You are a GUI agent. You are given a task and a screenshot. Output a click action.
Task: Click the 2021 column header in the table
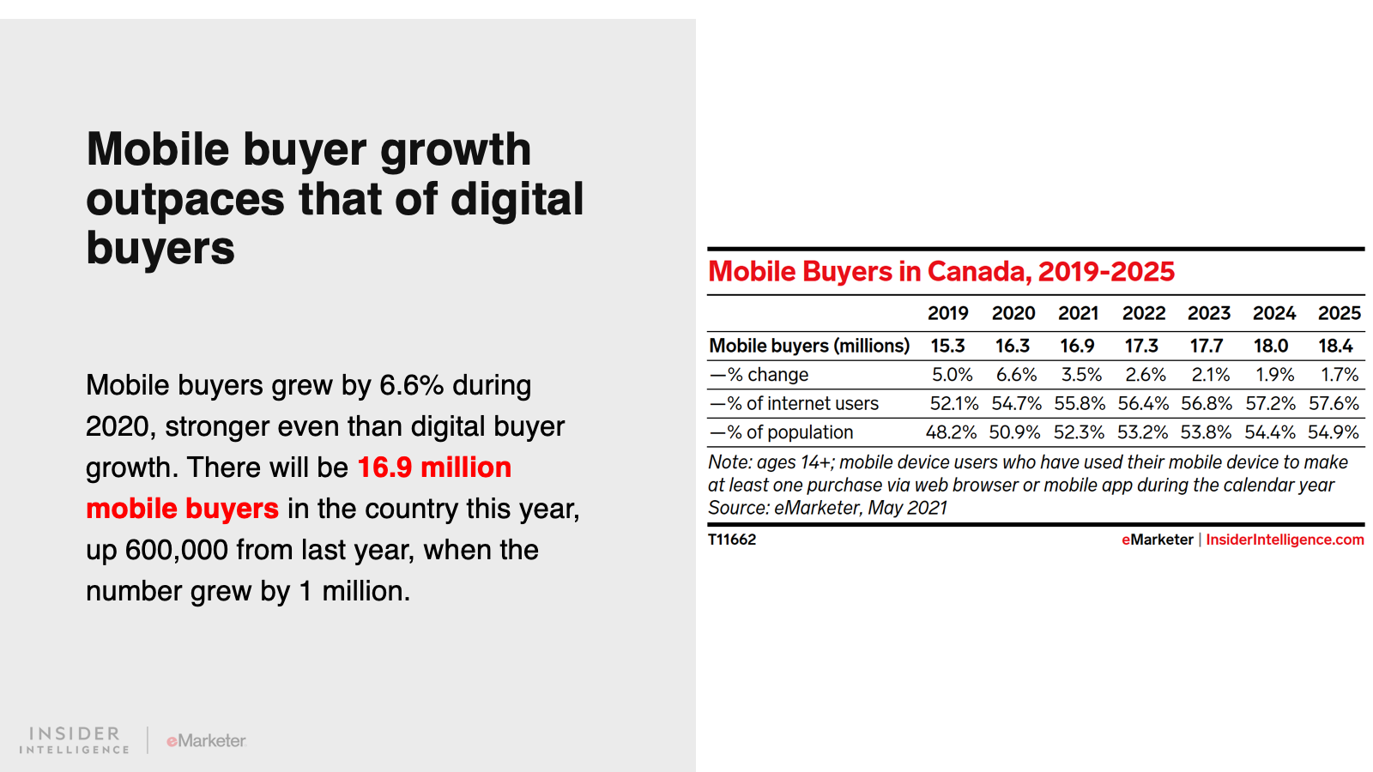point(1078,313)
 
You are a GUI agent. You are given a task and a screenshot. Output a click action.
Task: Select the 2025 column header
point(1339,313)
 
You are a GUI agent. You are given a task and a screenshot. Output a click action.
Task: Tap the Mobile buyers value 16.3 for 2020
point(1013,346)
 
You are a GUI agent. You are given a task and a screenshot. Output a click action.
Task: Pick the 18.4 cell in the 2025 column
point(1335,346)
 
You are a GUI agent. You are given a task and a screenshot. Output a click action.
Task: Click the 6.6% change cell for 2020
point(1016,375)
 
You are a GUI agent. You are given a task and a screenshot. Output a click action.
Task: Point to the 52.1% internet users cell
point(953,403)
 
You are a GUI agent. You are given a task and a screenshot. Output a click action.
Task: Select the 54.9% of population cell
point(1333,432)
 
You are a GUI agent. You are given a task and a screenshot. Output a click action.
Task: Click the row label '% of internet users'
point(794,403)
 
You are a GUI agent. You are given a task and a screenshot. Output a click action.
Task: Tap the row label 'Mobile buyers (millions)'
point(808,346)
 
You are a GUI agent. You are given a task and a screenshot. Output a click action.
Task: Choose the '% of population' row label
point(781,432)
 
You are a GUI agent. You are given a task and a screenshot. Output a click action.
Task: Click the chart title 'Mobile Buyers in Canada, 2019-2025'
point(941,272)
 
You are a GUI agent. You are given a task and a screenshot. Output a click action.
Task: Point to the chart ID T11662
point(732,540)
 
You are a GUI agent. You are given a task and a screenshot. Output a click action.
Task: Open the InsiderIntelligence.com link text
point(1285,540)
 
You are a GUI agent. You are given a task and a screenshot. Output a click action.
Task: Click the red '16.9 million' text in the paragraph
point(434,467)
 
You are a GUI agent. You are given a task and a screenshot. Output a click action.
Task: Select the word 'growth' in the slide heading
point(456,150)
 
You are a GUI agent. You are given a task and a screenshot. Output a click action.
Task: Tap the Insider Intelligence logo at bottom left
point(75,740)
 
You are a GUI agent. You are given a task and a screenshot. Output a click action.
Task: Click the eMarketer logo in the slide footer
point(206,740)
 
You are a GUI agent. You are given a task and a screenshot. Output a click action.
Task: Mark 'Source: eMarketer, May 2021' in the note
point(827,508)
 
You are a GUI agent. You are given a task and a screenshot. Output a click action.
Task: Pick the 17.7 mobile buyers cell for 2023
point(1206,346)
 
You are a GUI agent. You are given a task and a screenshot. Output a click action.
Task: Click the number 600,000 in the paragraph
point(176,550)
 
